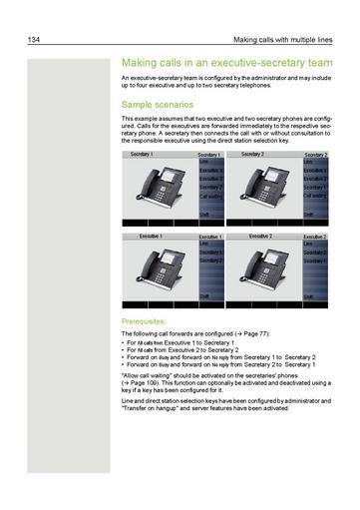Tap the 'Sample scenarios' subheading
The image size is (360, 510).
coord(157,104)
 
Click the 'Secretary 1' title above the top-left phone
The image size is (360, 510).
coord(142,155)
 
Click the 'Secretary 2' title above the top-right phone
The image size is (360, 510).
coord(253,155)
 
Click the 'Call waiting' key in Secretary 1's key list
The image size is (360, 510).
coord(209,196)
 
